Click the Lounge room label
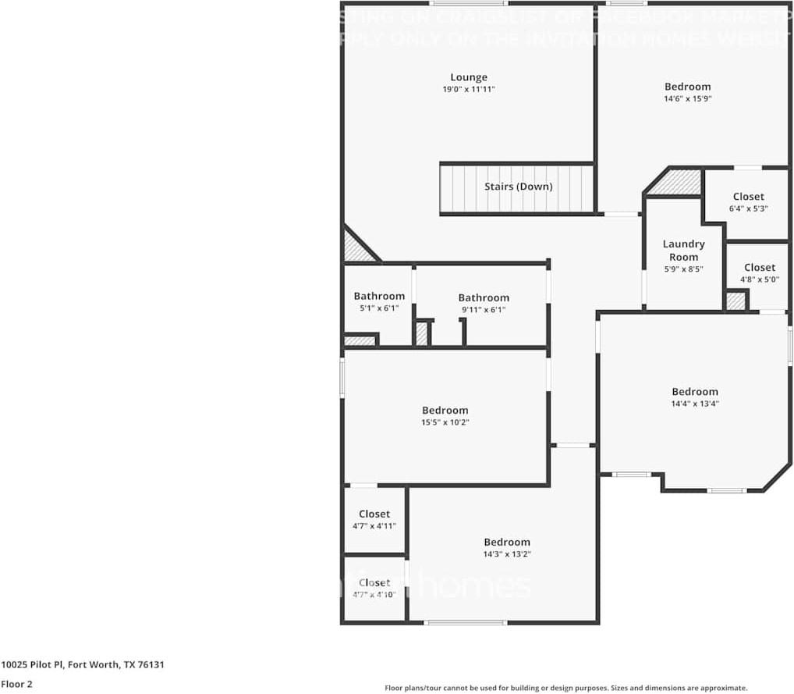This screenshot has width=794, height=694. click(x=469, y=77)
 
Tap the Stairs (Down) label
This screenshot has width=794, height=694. click(x=518, y=187)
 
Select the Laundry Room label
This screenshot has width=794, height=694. click(x=683, y=251)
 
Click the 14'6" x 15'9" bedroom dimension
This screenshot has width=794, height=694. click(x=687, y=99)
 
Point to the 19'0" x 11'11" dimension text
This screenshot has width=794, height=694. click(x=469, y=90)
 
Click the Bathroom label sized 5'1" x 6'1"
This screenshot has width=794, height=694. click(x=379, y=296)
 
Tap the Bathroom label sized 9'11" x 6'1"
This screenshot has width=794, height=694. click(x=484, y=297)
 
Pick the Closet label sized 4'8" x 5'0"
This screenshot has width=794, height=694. click(x=759, y=268)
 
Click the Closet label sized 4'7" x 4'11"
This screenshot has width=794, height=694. click(x=374, y=514)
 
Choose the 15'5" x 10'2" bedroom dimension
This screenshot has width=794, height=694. click(x=445, y=422)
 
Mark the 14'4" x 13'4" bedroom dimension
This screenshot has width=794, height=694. click(x=695, y=404)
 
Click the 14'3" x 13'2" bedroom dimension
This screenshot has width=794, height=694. click(x=507, y=554)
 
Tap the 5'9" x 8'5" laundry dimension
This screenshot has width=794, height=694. click(x=683, y=269)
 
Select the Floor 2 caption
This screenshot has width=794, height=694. click(x=16, y=684)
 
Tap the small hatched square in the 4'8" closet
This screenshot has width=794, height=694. click(x=735, y=301)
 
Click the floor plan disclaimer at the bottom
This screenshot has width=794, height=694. click(x=565, y=688)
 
